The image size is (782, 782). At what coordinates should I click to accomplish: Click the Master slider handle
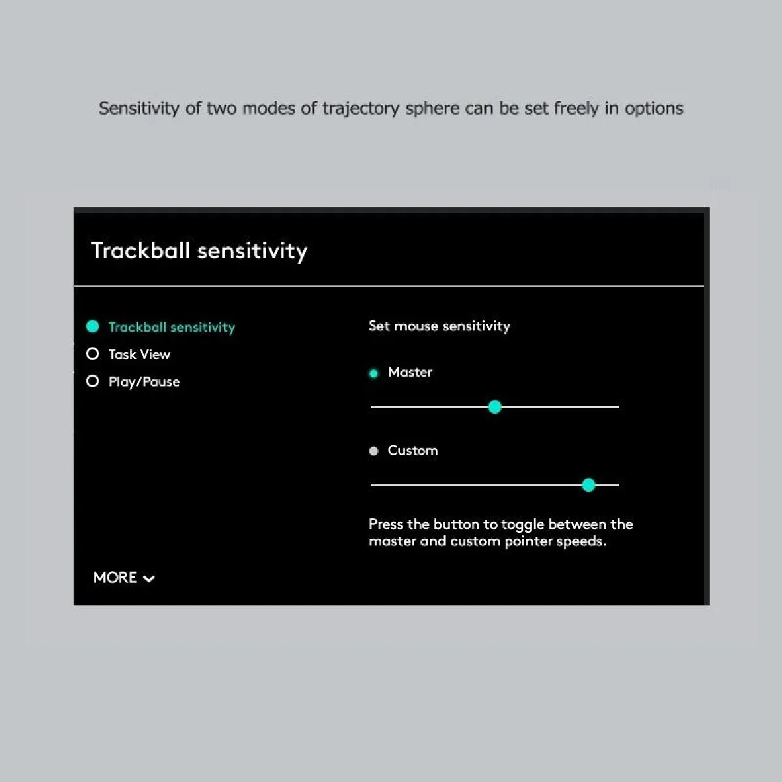click(495, 407)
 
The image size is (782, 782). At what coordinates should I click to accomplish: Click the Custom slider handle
click(588, 485)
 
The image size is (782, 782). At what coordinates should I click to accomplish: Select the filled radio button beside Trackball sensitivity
click(93, 326)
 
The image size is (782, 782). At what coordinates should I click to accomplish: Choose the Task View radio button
click(93, 354)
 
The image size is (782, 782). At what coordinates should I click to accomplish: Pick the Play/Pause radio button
click(93, 381)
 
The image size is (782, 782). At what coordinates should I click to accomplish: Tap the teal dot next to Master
click(373, 373)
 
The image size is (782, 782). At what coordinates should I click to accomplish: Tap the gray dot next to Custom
click(373, 451)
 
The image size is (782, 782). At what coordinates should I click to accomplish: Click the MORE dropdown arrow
click(149, 579)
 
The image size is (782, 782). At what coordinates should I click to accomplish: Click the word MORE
click(115, 577)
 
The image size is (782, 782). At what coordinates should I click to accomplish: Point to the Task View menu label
click(139, 355)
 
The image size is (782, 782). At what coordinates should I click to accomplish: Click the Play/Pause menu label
click(144, 382)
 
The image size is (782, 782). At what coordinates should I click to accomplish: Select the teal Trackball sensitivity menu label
click(171, 327)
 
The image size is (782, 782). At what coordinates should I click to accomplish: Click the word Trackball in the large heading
click(140, 250)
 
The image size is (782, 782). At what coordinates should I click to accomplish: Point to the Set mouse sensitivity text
click(439, 326)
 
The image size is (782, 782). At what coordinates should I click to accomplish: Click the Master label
click(410, 372)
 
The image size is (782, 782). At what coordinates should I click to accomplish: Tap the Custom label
click(413, 450)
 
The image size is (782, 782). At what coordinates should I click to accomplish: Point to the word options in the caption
click(654, 109)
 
